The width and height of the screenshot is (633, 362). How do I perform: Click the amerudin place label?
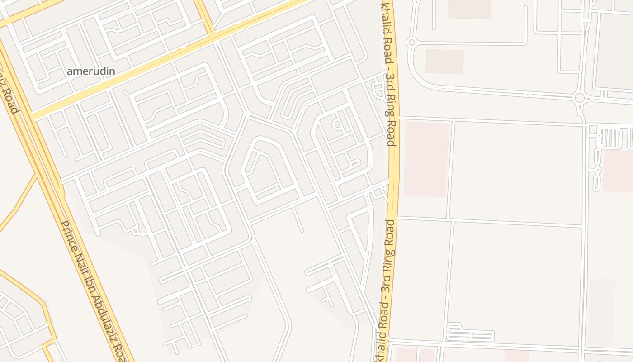coord(91,71)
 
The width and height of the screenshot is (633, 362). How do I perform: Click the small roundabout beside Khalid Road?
coord(411,43)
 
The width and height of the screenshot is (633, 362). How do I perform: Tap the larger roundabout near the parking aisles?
coord(579,98)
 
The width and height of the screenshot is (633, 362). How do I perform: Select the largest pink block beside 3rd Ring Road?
coord(427,158)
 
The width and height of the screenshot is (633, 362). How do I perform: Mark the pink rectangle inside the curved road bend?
coord(444,62)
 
